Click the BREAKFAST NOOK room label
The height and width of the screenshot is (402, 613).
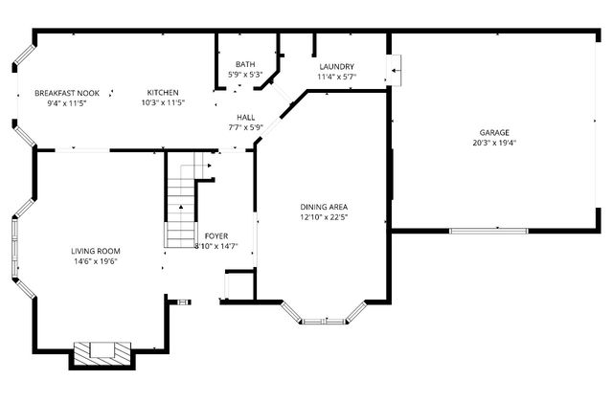tap(61, 93)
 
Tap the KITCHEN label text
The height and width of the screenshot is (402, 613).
tap(163, 93)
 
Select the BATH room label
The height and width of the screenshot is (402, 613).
tap(245, 65)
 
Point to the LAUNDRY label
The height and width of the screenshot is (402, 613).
tap(337, 66)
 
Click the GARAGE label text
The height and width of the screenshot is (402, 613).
tap(494, 132)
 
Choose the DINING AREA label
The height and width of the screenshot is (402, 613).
tap(324, 207)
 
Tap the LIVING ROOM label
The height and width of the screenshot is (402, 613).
tap(102, 251)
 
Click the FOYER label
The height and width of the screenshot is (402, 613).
tap(216, 235)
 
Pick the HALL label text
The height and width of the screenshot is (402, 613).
tap(245, 117)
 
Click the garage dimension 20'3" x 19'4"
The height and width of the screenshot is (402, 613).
tap(494, 143)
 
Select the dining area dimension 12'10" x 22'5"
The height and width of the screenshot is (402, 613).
tap(324, 216)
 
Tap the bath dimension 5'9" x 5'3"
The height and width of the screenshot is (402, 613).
tap(245, 75)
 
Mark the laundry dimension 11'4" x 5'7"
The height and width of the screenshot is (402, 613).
tap(337, 76)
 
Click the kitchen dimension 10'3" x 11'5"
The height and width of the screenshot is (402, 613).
tap(163, 102)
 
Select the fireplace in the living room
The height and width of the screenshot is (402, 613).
tap(101, 351)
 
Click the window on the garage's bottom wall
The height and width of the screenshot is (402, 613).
tap(487, 230)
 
